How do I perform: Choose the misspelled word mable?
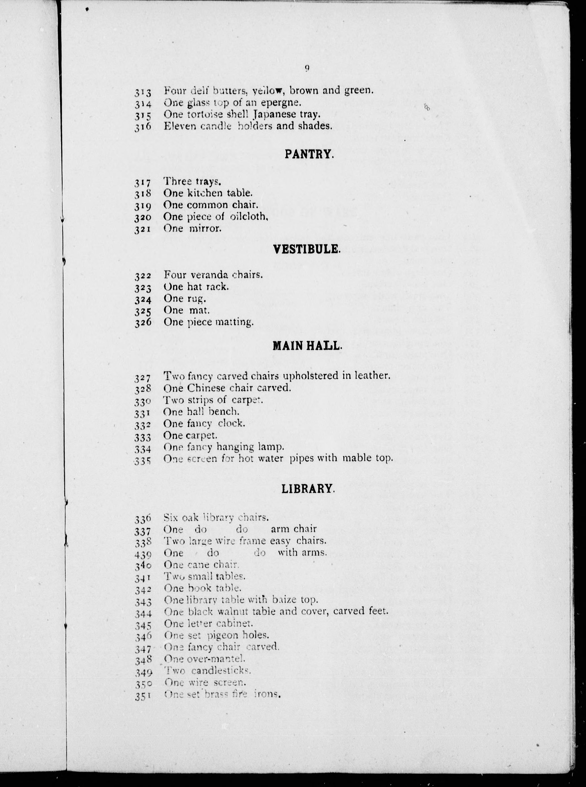coord(358,458)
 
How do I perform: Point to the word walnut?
coord(240,611)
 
